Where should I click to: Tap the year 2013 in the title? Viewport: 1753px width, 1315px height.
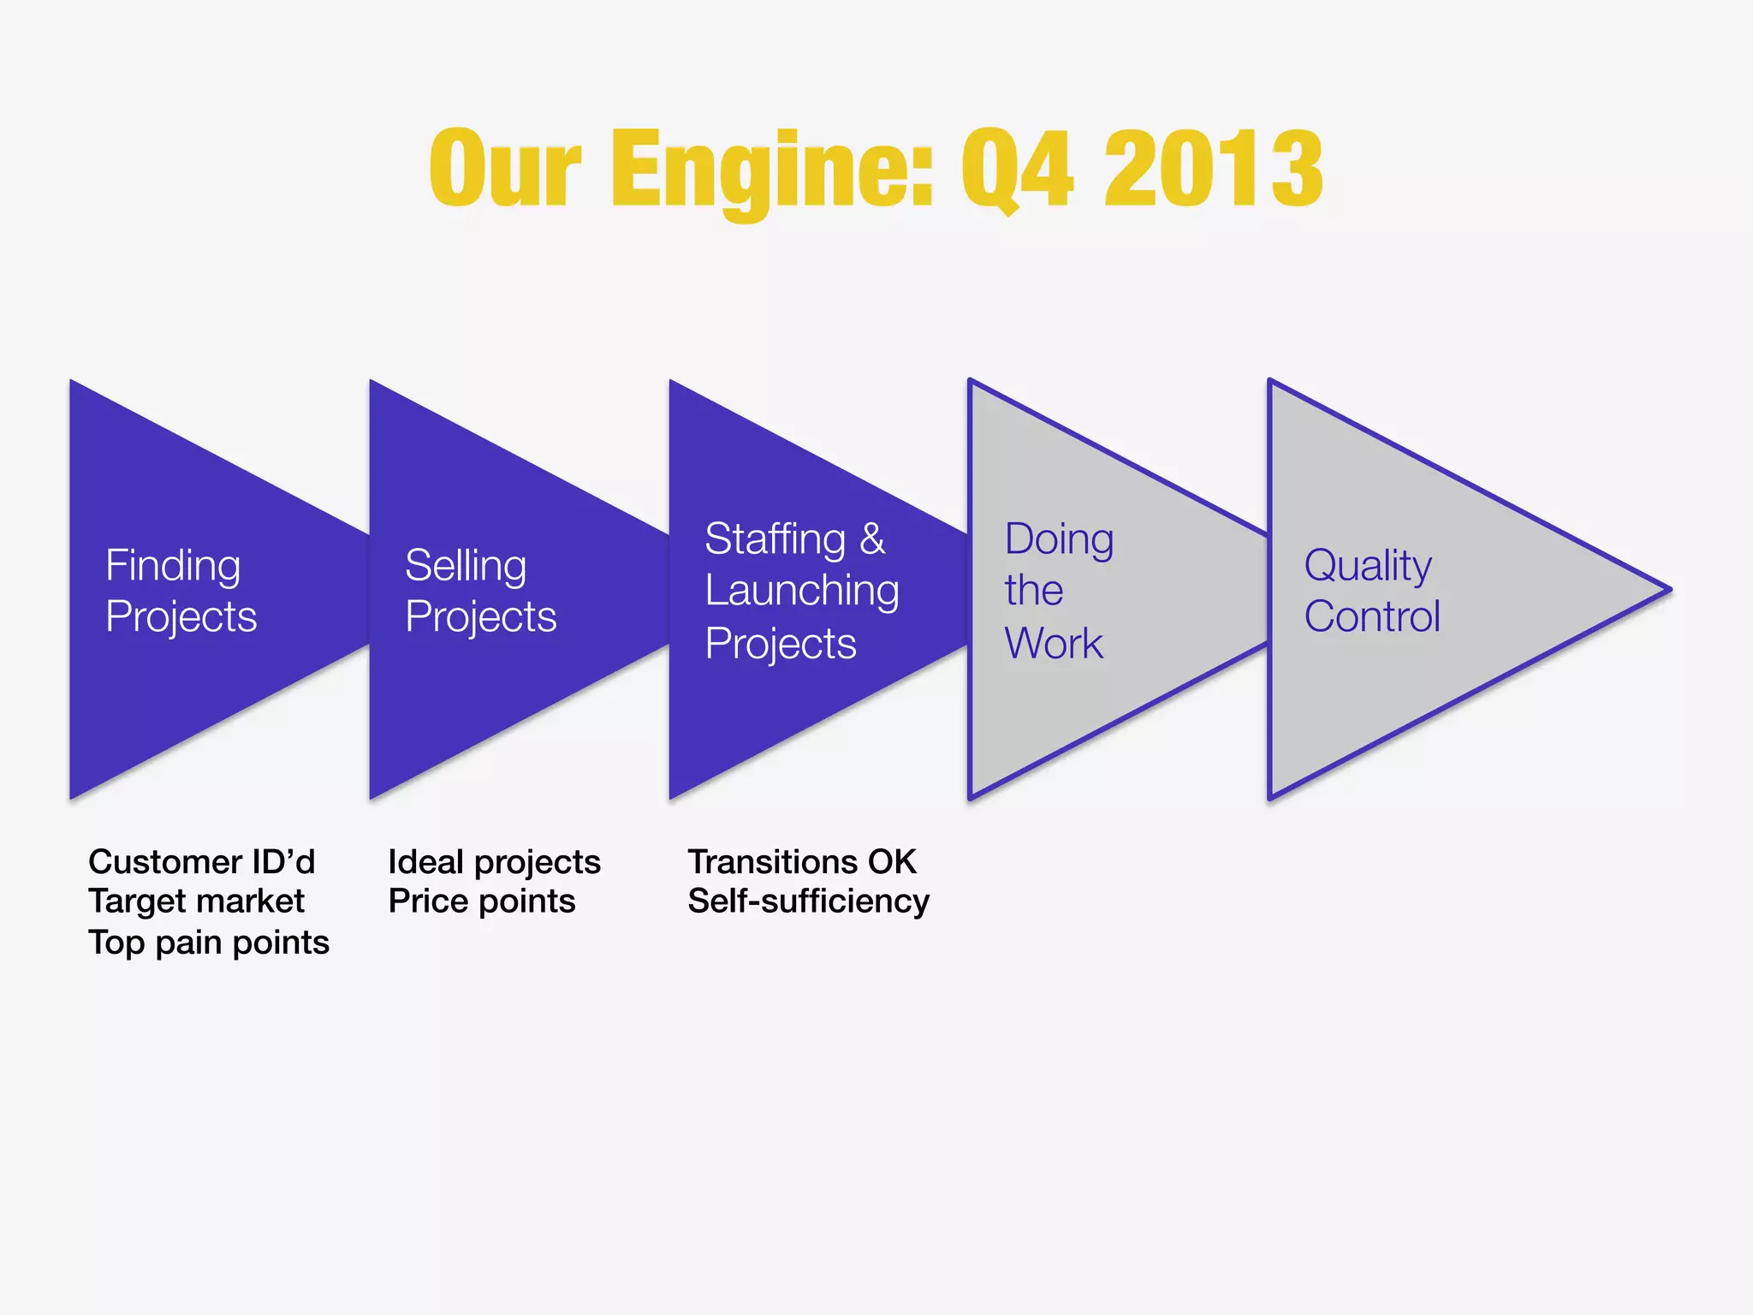[x=1213, y=169]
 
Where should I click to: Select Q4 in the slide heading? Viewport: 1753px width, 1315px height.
[x=1016, y=169]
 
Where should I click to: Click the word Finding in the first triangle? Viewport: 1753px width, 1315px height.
[x=173, y=566]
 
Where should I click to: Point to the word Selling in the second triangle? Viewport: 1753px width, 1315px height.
[x=466, y=566]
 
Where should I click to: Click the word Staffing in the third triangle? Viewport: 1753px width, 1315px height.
[x=775, y=539]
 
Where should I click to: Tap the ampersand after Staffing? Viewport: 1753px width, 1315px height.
[x=872, y=539]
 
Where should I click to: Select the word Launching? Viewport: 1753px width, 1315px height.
[x=802, y=591]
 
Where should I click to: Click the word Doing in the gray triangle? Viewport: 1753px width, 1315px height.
[x=1059, y=539]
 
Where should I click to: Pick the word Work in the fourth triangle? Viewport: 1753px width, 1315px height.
[x=1054, y=643]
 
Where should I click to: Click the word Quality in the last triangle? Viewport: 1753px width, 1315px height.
[x=1367, y=566]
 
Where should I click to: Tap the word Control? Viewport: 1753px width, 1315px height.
[x=1372, y=616]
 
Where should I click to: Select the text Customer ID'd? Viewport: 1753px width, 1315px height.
[x=202, y=862]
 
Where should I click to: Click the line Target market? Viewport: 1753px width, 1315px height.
[x=196, y=901]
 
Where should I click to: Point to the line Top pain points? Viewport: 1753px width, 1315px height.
[x=209, y=943]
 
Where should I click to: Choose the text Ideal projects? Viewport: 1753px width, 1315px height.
[x=494, y=862]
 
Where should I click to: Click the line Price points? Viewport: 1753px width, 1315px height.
[x=481, y=901]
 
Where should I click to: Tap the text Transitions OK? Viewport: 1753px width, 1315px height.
[x=802, y=862]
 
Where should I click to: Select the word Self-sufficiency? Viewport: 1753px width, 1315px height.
[x=808, y=901]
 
